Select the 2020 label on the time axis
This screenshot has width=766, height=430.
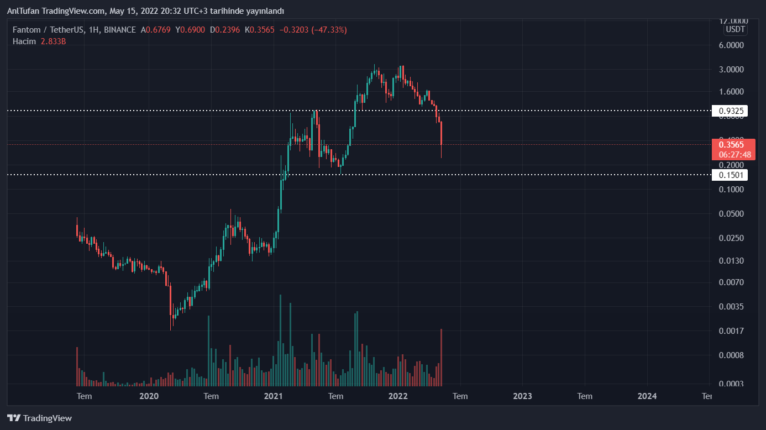click(x=149, y=396)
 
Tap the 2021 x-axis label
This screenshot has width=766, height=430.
click(x=274, y=396)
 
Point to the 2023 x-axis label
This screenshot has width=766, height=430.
click(x=522, y=396)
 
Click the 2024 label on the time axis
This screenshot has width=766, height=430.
click(x=647, y=396)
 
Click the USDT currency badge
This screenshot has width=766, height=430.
click(x=735, y=29)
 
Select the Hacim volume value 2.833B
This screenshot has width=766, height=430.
click(x=53, y=41)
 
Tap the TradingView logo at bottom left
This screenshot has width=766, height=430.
click(x=39, y=418)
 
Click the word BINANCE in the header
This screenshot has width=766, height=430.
click(x=119, y=30)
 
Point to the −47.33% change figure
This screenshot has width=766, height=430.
click(x=329, y=30)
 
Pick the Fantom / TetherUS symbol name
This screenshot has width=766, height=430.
click(x=49, y=30)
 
